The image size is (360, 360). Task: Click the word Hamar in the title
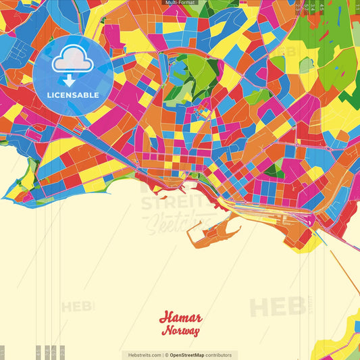(x=180, y=318)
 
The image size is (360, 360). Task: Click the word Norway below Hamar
(x=180, y=331)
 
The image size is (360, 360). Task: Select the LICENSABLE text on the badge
(x=72, y=95)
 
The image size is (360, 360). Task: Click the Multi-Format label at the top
(x=180, y=3)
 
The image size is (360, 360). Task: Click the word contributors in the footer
(x=220, y=355)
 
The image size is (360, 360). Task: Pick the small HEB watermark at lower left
(x=78, y=307)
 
